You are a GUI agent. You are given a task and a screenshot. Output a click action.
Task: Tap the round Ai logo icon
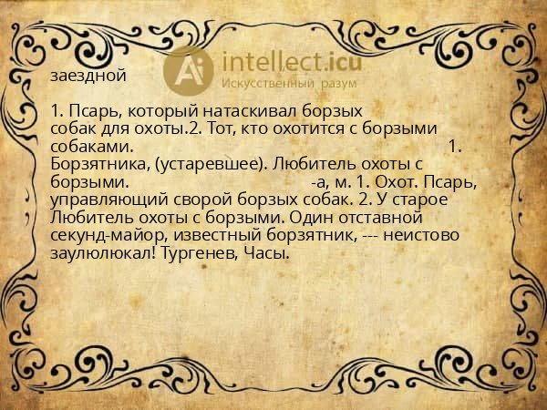coord(188,67)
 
